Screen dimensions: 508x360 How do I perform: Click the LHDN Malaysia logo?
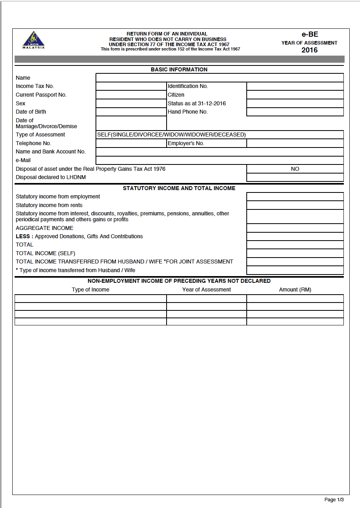pyautogui.click(x=34, y=40)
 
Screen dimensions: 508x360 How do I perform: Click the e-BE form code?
pyautogui.click(x=309, y=34)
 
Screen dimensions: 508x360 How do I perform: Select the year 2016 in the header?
pyautogui.click(x=309, y=50)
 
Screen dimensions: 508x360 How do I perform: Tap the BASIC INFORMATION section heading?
pyautogui.click(x=179, y=69)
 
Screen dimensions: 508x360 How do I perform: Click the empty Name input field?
pyautogui.click(x=219, y=78)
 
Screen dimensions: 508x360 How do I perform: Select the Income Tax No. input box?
pyautogui.click(x=131, y=86)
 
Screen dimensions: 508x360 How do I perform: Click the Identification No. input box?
pyautogui.click(x=295, y=86)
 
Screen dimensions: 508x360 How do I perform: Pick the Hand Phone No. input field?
pyautogui.click(x=295, y=112)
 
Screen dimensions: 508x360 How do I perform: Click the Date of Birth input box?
pyautogui.click(x=131, y=112)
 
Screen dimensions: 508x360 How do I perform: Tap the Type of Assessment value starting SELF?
pyautogui.click(x=171, y=134)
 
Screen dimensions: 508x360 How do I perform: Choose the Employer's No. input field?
pyautogui.click(x=295, y=143)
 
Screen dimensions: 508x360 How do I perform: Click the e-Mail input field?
pyautogui.click(x=219, y=160)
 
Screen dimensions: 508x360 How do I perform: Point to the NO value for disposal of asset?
pyautogui.click(x=295, y=169)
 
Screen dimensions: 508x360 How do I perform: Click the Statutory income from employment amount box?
pyautogui.click(x=295, y=196)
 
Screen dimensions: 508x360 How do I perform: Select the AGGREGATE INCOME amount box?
pyautogui.click(x=295, y=228)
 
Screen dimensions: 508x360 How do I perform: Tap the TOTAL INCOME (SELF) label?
pyautogui.click(x=45, y=253)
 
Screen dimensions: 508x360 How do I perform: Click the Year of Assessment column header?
pyautogui.click(x=206, y=289)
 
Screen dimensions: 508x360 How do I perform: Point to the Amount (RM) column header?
pyautogui.click(x=295, y=289)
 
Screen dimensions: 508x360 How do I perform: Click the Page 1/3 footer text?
pyautogui.click(x=334, y=500)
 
